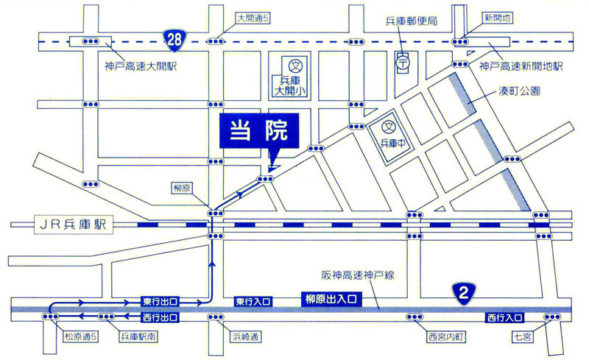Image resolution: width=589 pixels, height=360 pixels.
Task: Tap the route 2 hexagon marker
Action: coord(462,294)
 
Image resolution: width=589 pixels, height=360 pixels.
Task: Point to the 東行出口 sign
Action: coord(161,301)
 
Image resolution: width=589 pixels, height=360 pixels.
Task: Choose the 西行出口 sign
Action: coord(161,317)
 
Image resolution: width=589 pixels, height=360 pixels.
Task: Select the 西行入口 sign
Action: coord(504,317)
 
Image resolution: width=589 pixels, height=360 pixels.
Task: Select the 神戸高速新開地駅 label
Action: coord(521,66)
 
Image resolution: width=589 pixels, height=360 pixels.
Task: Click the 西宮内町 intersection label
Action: coord(447,338)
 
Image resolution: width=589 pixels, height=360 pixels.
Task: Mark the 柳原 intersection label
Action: coord(182,188)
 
